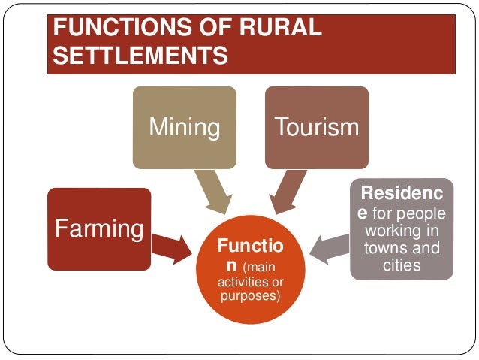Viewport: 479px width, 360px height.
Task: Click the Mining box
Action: [x=184, y=127]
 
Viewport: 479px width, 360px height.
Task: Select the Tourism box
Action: [x=316, y=127]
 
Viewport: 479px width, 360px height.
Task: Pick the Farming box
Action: [x=98, y=228]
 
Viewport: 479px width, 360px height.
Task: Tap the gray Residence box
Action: [x=402, y=228]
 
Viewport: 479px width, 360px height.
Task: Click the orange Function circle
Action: [x=249, y=270]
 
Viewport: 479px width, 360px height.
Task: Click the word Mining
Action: [x=184, y=127]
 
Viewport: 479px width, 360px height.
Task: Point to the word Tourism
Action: [x=316, y=127]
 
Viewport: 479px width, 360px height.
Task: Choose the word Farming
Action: [x=98, y=228]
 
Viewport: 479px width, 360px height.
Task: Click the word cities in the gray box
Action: [x=402, y=266]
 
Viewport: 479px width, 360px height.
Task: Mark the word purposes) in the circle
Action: [x=250, y=296]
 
